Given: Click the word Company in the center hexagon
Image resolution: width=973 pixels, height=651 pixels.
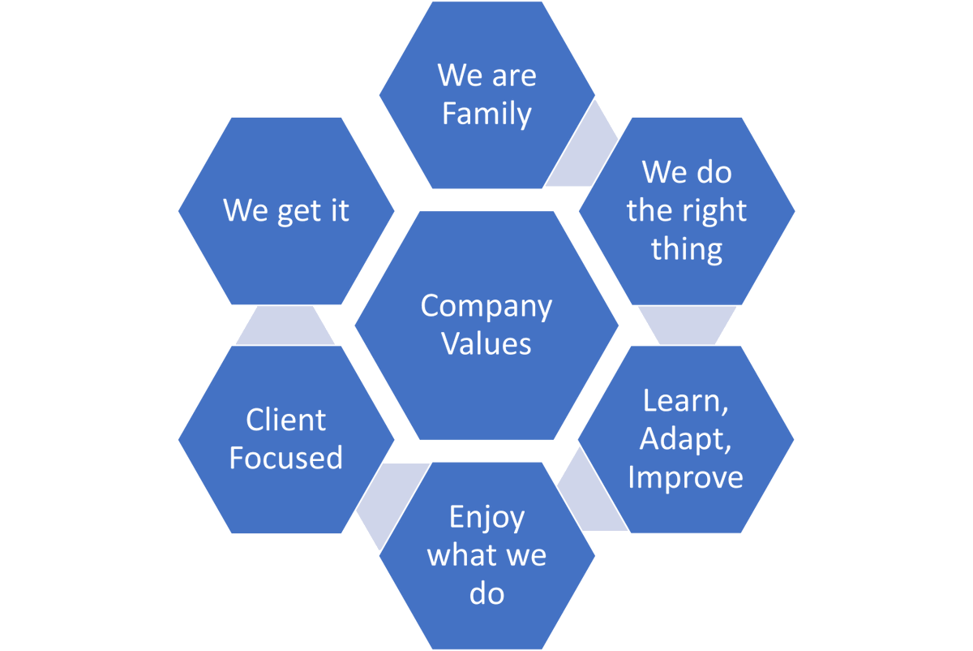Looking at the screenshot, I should coord(486,307).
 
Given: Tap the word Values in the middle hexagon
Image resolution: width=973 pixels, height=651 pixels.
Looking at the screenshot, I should coord(486,343).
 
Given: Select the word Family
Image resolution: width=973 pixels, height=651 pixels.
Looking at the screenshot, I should coord(486,114).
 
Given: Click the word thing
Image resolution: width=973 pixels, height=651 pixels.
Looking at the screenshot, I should coord(686,248).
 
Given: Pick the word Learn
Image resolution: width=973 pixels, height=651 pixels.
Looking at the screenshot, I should coord(681,400).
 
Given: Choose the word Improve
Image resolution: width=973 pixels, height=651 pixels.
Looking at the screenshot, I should coord(686,476).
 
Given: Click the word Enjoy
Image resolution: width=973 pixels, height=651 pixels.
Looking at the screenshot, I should coord(486,518).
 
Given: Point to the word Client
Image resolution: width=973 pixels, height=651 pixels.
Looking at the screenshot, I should coord(285,420).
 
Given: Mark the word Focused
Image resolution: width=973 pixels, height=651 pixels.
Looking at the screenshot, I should coord(285,458).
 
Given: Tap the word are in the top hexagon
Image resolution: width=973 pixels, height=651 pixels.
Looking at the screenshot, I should coord(516,75).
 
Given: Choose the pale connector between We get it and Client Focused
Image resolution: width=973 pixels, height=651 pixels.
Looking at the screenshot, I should coord(285,325).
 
